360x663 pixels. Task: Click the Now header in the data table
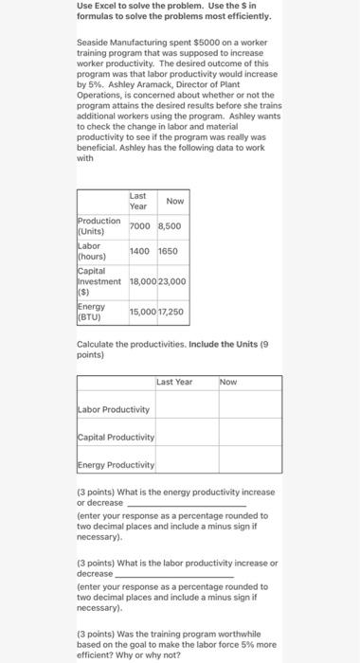click(174, 201)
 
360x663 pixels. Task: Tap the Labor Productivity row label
click(114, 409)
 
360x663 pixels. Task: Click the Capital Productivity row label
click(117, 437)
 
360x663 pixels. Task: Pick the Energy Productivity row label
click(117, 465)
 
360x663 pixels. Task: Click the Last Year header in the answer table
click(174, 382)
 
